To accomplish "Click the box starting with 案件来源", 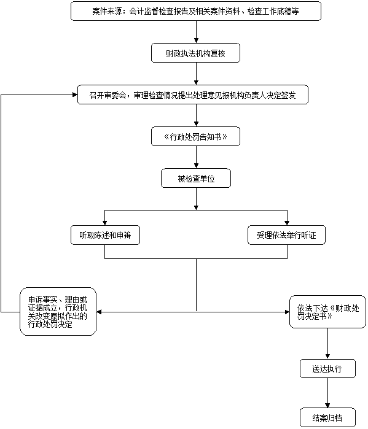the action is coord(196,11).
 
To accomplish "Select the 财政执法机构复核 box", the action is coord(196,53).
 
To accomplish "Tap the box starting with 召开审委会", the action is coord(193,95).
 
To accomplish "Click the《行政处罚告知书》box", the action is coord(196,136).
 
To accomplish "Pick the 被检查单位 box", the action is coord(196,178).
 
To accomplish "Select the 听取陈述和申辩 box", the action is coord(105,235).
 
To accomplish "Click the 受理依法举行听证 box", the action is coord(287,235).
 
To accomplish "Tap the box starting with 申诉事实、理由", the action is coord(58,311).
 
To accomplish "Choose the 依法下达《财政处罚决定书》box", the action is coord(327,312).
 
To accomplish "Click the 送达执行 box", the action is coord(327,369).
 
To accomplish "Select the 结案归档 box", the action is coord(327,417).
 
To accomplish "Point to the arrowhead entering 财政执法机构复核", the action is coord(196,41).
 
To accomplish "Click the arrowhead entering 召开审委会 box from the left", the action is coord(75,95).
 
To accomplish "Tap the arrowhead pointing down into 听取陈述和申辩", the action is coord(105,223).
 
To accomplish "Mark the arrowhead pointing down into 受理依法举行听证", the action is coord(287,223).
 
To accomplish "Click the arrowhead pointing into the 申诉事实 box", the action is coord(99,312).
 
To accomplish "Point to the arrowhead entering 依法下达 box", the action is coord(287,312).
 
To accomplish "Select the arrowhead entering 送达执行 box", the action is coord(327,357).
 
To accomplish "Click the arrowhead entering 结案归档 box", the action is coord(327,406).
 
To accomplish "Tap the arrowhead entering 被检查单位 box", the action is coord(196,166).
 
